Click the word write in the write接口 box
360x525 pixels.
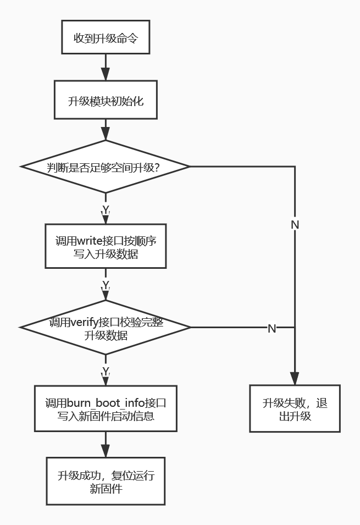tap(90, 241)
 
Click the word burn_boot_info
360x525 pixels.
tap(106, 403)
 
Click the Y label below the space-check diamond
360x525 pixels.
tap(106, 210)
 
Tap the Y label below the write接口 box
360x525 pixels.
tap(106, 285)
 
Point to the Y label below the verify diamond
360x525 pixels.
tap(106, 372)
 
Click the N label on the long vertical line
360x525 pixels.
tap(295, 225)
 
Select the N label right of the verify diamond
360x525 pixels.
tap(272, 328)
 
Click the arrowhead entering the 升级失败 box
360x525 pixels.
tap(295, 378)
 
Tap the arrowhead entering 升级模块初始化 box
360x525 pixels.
tap(106, 74)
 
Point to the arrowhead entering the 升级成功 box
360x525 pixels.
tap(106, 451)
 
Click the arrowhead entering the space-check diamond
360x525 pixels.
tap(106, 134)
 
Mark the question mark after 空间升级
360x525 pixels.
tap(156, 167)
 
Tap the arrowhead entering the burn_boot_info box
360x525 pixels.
tap(106, 380)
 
